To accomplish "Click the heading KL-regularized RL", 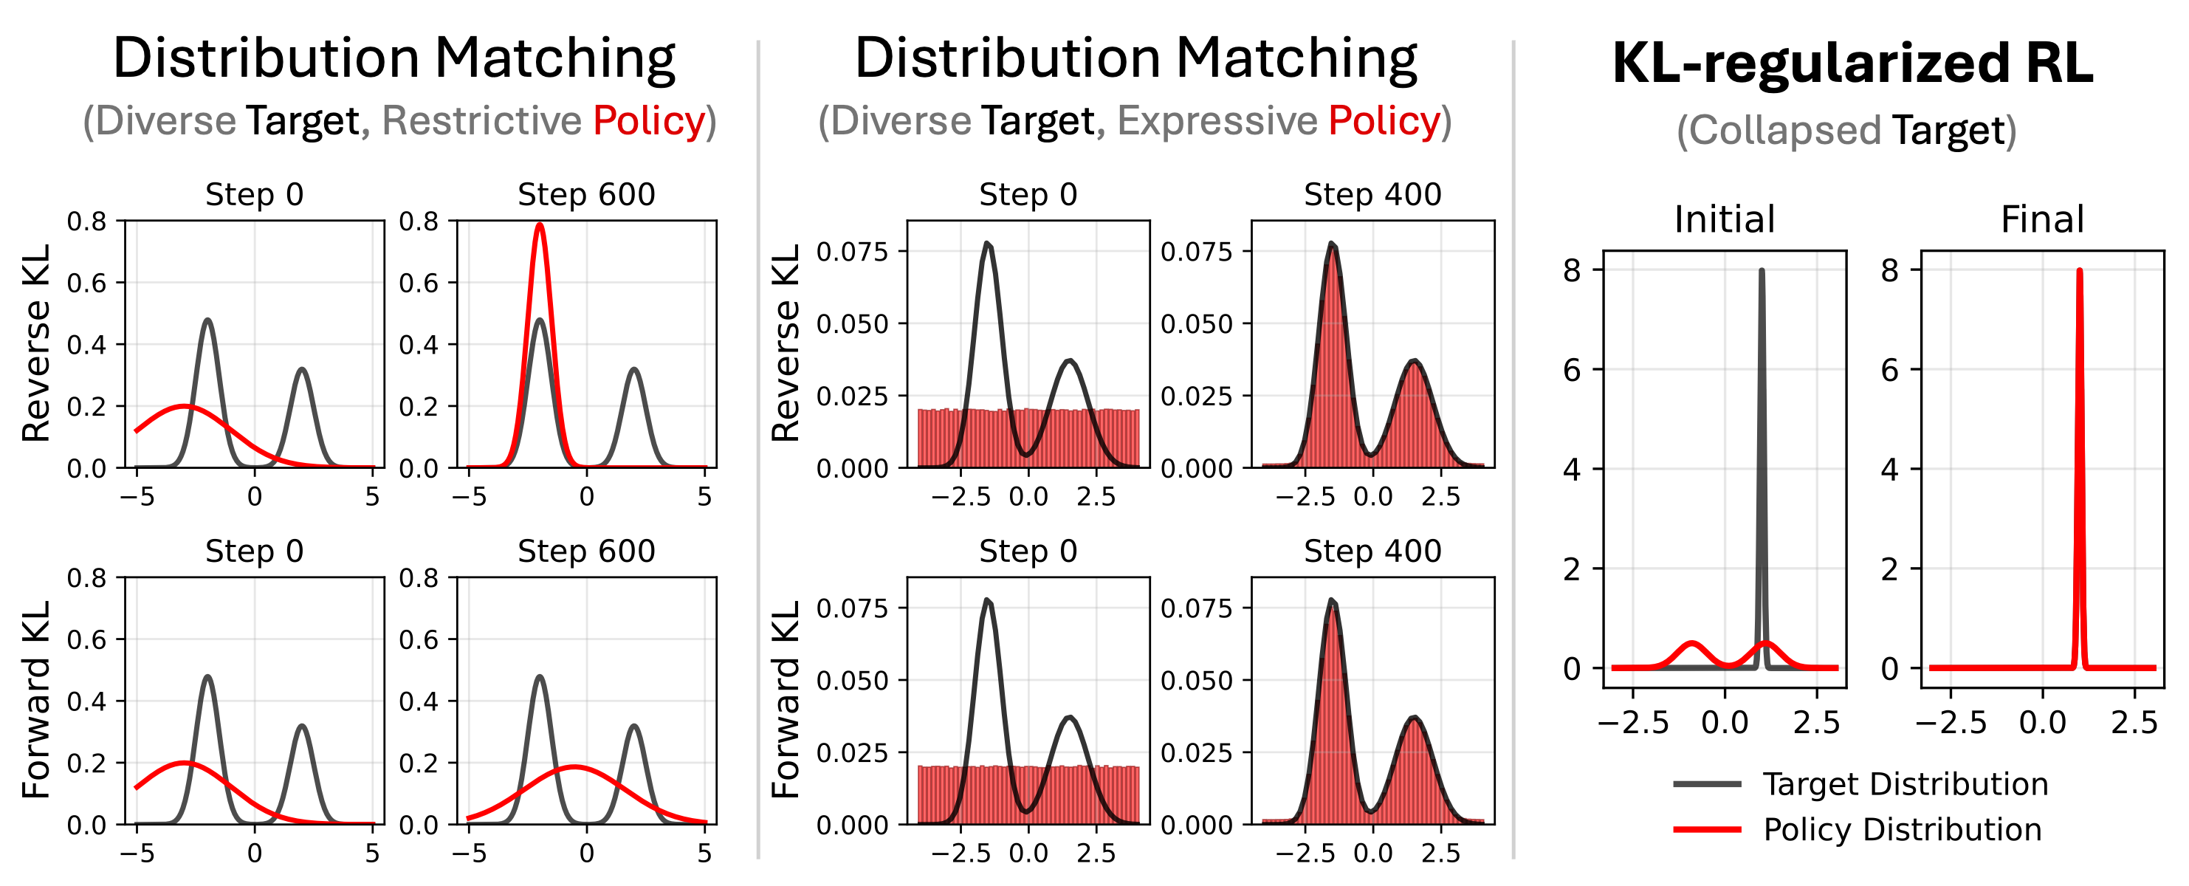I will tap(1852, 63).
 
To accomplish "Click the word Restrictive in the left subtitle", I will tap(481, 120).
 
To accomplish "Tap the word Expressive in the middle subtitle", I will tap(1217, 120).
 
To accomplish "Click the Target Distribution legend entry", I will tap(1904, 783).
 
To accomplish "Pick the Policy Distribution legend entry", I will tap(1901, 829).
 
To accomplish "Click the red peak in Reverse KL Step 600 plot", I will tap(540, 227).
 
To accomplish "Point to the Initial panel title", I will tap(1724, 219).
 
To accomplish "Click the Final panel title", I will tap(2042, 219).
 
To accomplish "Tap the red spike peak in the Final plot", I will tap(2080, 272).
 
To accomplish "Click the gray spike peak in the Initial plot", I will tap(1762, 272).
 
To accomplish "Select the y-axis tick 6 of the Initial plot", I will tap(1572, 369).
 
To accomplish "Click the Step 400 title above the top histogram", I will tap(1372, 194).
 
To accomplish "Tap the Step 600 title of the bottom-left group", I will tap(586, 552).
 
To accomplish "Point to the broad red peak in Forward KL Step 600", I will tap(575, 767).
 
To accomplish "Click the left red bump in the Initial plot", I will tap(1693, 644).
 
